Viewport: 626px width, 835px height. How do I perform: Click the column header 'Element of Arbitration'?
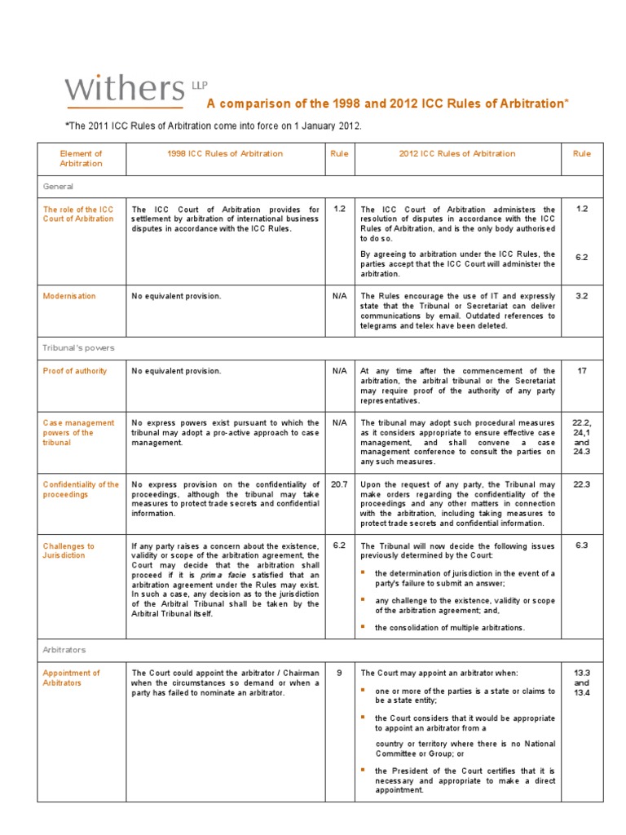(x=81, y=158)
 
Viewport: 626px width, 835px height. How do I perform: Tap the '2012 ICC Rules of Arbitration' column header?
(x=456, y=153)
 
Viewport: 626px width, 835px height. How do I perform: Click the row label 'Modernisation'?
(x=69, y=296)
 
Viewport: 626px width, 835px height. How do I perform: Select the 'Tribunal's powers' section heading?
(x=78, y=347)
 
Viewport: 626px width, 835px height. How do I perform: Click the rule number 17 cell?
(x=581, y=371)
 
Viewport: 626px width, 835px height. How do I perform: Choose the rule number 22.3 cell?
(x=581, y=484)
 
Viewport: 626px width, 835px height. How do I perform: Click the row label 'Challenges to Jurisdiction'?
(x=68, y=551)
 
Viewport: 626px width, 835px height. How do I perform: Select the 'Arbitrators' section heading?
(x=64, y=650)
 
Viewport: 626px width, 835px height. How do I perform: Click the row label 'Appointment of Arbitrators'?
(x=72, y=678)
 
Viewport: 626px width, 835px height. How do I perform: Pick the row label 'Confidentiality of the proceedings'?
(x=81, y=489)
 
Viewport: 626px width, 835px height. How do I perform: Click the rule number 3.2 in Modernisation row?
(x=581, y=296)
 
